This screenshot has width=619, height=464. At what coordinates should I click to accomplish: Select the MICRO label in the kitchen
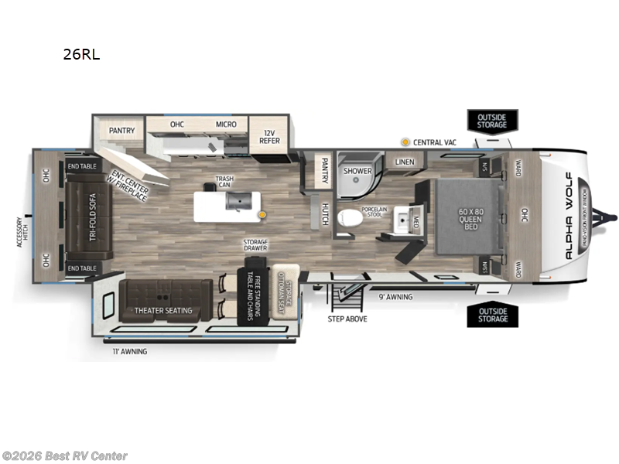226,125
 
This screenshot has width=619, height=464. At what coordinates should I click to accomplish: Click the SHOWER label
357,171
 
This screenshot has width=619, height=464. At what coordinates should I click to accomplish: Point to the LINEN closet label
405,162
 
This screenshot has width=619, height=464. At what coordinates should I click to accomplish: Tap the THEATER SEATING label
163,311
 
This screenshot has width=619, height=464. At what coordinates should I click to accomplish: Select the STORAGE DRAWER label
255,245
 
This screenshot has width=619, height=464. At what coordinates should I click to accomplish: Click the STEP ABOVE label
347,319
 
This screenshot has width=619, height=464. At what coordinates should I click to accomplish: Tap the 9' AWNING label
395,296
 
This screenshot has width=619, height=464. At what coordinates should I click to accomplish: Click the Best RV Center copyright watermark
65,456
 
